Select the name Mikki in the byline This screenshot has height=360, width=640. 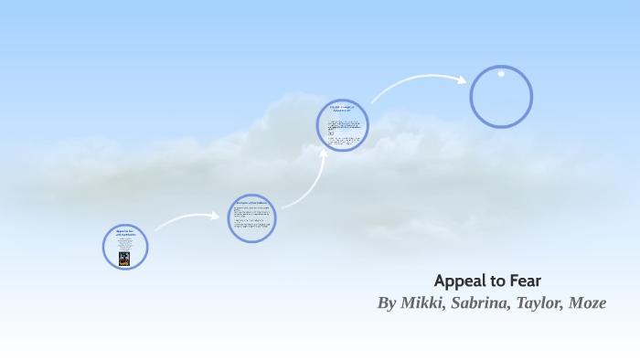click(425, 302)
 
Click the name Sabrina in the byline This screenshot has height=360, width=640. click(485, 302)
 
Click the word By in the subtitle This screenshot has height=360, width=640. click(388, 302)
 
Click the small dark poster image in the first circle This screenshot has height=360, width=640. click(124, 259)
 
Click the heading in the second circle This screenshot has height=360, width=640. click(251, 202)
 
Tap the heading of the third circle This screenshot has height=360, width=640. click(341, 110)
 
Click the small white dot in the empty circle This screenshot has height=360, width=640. click(501, 74)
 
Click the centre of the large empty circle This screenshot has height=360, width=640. click(501, 97)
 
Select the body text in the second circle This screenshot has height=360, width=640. click(251, 219)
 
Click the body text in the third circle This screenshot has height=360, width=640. click(343, 130)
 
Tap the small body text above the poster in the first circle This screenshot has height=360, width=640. click(125, 245)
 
